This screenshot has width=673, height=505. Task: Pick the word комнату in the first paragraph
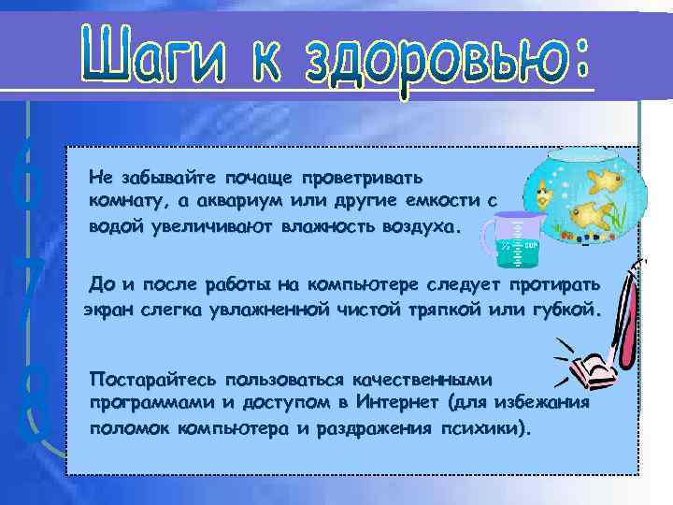click(121, 201)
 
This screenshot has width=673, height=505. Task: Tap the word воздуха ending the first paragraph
click(416, 226)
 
